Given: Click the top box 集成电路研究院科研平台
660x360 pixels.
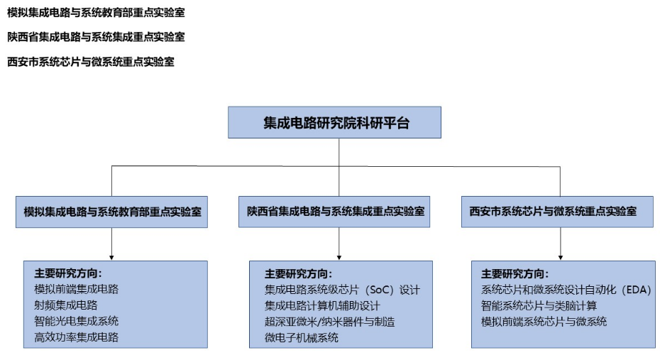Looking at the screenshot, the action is (335, 123).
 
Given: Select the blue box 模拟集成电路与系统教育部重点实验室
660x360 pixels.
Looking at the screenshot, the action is (111, 212).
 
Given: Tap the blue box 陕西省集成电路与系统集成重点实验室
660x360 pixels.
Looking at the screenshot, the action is (334, 212).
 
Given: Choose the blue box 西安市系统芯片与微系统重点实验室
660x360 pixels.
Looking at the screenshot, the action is (557, 212).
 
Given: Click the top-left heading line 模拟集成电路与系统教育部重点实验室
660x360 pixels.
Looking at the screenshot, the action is (96, 13).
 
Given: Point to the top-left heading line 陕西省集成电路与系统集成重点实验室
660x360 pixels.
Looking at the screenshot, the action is (96, 37).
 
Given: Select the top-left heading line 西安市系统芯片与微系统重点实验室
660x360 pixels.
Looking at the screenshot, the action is (91, 62).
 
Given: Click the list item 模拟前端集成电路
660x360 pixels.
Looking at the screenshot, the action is (77, 289).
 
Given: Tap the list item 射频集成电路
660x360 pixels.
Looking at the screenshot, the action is (66, 305).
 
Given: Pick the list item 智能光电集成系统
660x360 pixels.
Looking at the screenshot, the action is (77, 321).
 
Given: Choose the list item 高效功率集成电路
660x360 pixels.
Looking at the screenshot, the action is (77, 337).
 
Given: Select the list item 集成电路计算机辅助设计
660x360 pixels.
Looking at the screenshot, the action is (322, 306).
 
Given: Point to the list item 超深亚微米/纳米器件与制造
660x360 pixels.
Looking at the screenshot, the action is (330, 322).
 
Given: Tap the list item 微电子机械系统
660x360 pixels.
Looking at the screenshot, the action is (302, 338).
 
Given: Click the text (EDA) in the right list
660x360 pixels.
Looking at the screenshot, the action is (636, 290).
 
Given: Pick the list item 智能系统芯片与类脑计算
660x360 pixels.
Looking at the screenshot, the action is (539, 306).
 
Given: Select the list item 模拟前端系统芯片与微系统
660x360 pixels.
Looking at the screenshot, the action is (544, 322).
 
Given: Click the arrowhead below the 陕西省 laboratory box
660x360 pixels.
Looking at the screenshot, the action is (339, 257).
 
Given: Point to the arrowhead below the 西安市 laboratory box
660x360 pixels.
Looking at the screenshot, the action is (560, 257).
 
